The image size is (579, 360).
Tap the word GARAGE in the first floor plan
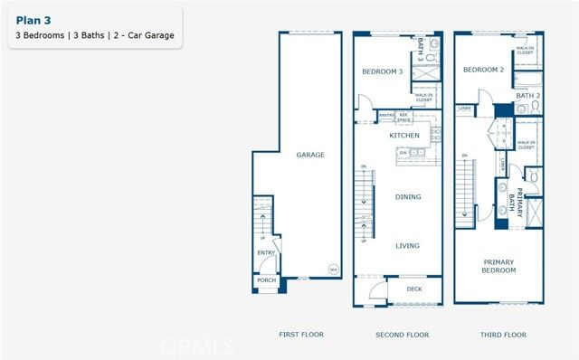(310, 155)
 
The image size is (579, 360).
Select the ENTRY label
(266, 253)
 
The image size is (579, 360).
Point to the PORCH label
(266, 280)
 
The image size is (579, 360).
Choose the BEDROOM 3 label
(382, 71)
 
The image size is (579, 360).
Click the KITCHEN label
(404, 135)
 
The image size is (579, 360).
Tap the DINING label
(408, 196)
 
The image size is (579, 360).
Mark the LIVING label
(408, 244)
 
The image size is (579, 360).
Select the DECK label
(414, 289)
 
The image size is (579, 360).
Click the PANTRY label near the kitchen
(386, 115)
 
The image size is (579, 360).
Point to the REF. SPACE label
(404, 117)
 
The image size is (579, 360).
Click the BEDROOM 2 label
(483, 70)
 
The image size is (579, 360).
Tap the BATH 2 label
(527, 95)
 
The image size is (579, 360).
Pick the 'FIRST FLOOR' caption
(301, 335)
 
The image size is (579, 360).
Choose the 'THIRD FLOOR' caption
(503, 335)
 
